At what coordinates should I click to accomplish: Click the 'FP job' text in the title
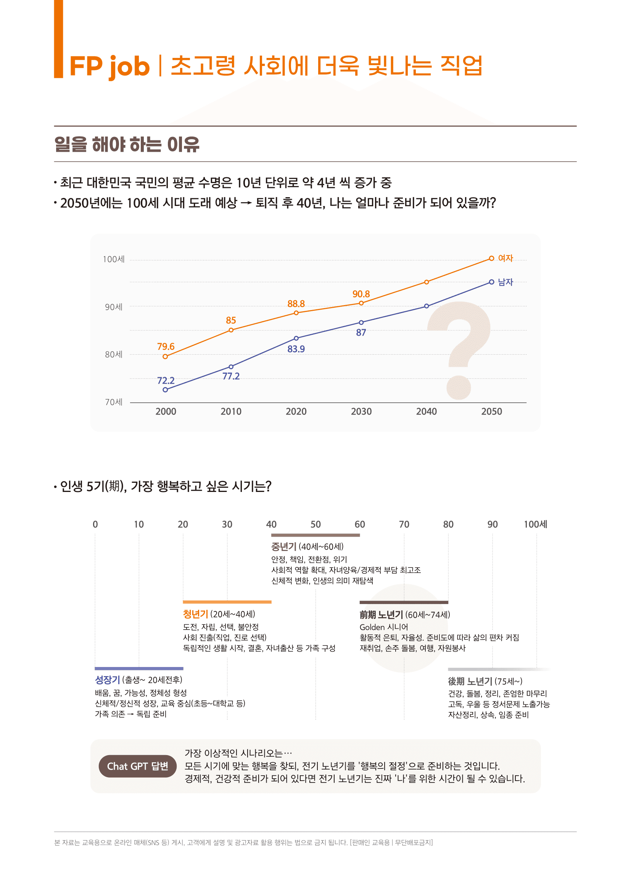(109, 66)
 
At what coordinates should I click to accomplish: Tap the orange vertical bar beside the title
(58, 39)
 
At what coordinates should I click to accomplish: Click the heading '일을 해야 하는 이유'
(127, 144)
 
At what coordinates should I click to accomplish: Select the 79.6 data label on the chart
(166, 346)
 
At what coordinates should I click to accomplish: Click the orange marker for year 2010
(231, 330)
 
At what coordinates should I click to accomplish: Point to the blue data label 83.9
(296, 349)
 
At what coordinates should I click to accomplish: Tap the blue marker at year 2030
(361, 323)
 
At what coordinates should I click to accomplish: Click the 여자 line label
(505, 258)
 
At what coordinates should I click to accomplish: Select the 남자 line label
(505, 282)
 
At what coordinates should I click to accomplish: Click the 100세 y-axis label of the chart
(113, 259)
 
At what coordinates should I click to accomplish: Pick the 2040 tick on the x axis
(426, 411)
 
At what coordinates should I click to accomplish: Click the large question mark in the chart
(460, 350)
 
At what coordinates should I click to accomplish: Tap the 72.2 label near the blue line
(166, 380)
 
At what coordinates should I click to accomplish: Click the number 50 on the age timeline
(315, 524)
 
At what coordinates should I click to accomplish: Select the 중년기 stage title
(283, 546)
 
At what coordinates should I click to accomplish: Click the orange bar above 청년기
(227, 602)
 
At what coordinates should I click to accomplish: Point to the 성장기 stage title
(107, 680)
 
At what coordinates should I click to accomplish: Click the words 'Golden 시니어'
(383, 627)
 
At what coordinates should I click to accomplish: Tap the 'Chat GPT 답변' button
(138, 766)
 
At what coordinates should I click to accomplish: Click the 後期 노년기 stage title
(470, 681)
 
